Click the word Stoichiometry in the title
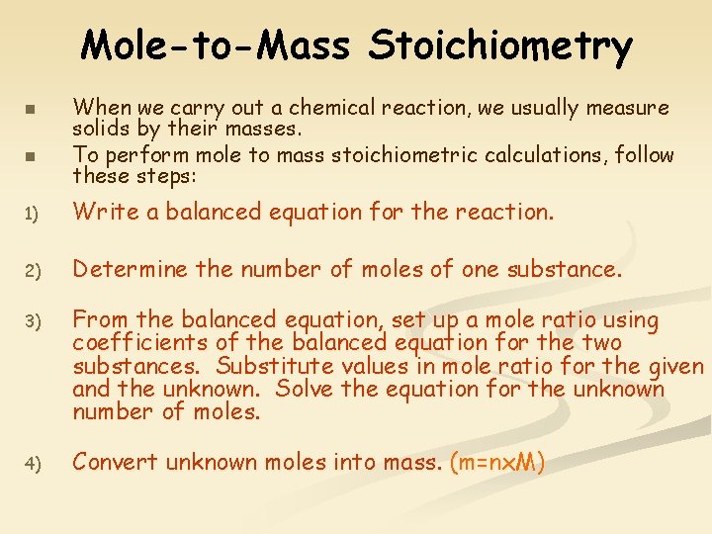(x=501, y=45)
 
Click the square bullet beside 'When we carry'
(x=31, y=108)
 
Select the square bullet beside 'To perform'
(x=31, y=156)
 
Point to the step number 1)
(x=31, y=213)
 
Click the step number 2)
(x=31, y=270)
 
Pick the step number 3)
(x=31, y=321)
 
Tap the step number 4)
(x=31, y=463)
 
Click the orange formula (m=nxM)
(x=497, y=462)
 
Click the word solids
(x=100, y=129)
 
